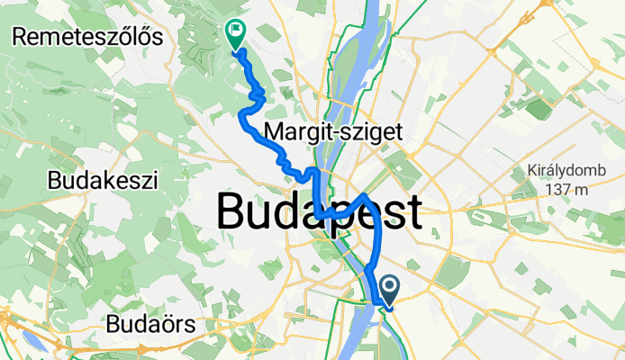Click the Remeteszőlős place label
pyautogui.click(x=87, y=37)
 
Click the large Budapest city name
pyautogui.click(x=319, y=213)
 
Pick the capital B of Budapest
pyautogui.click(x=233, y=213)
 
